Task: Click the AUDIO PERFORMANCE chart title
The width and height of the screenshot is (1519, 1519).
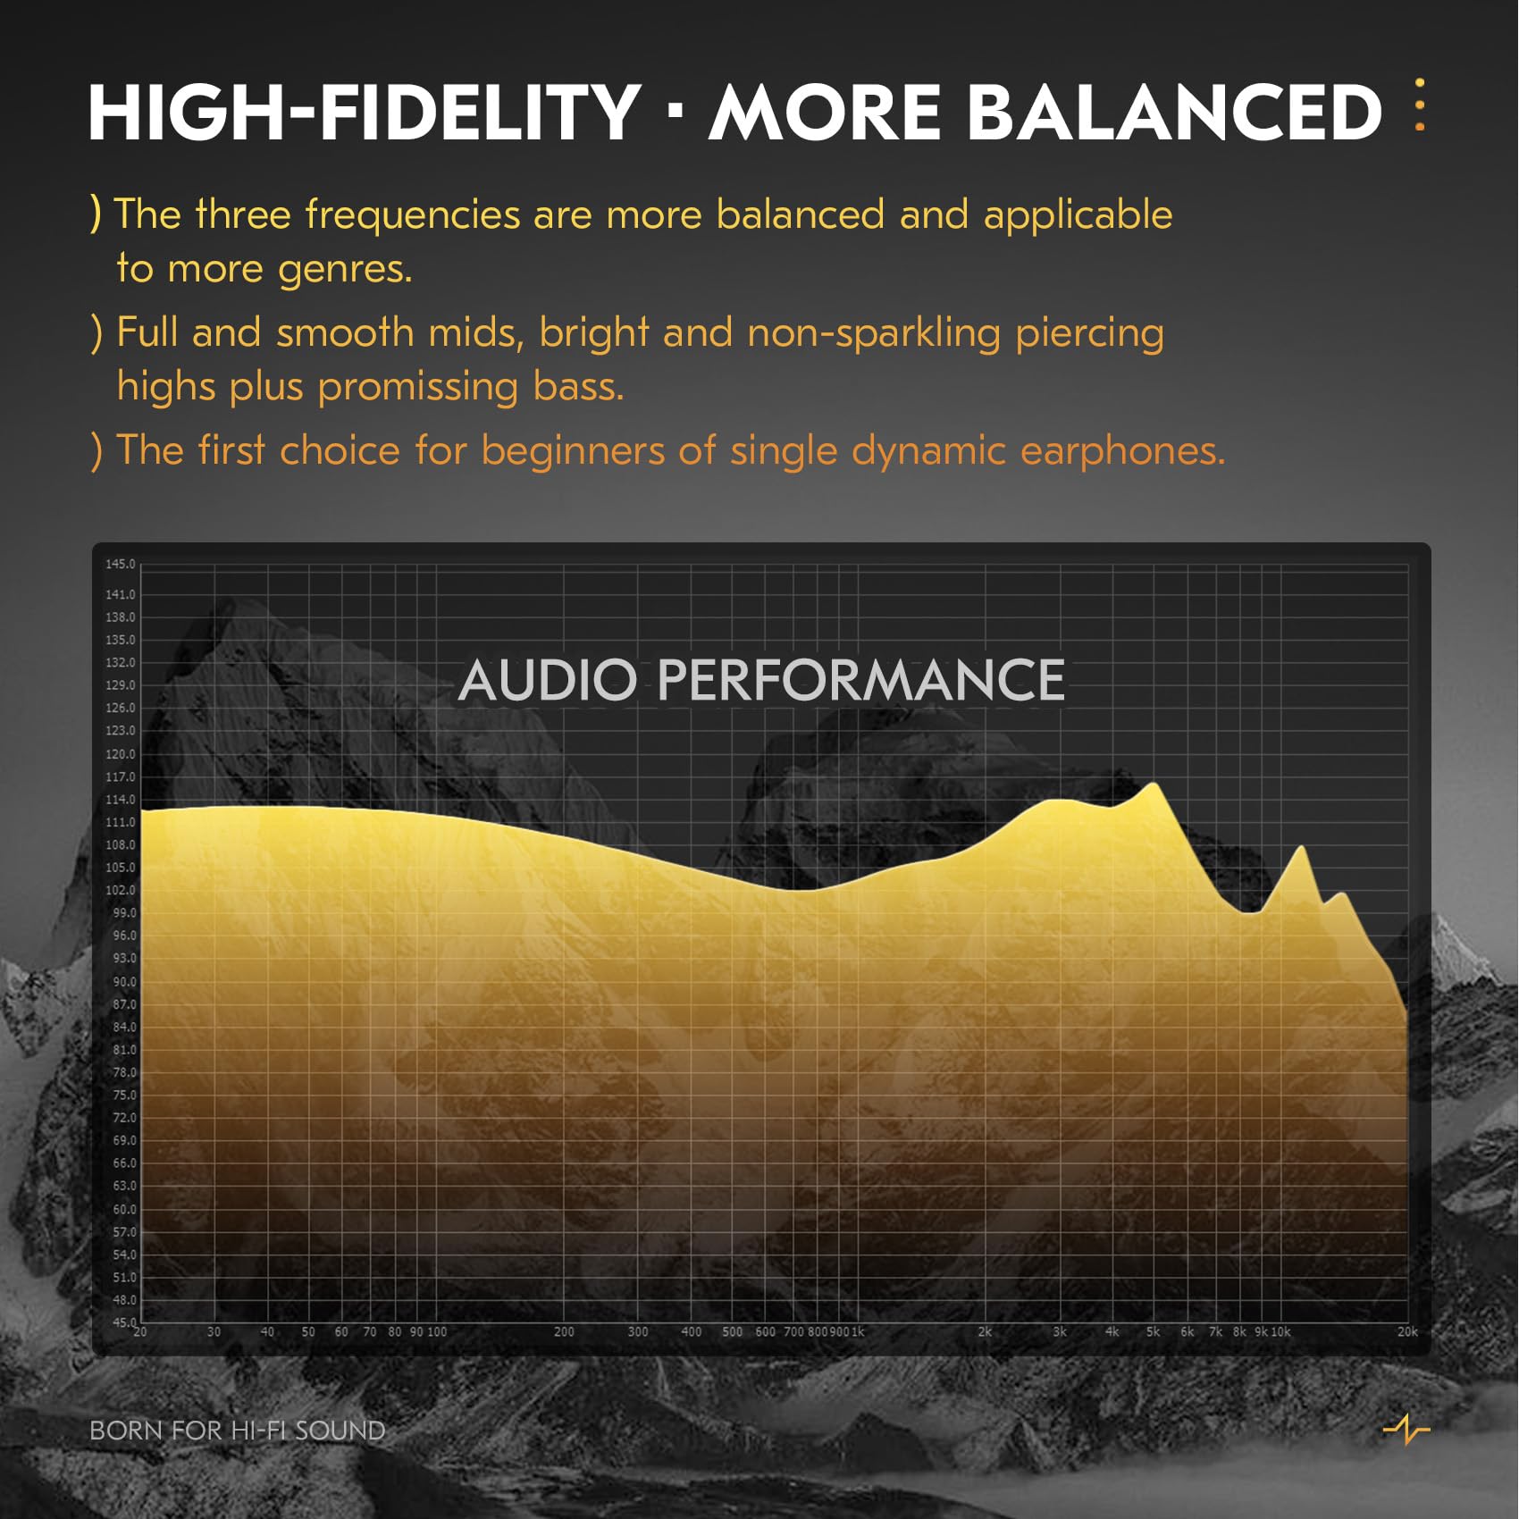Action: tap(761, 680)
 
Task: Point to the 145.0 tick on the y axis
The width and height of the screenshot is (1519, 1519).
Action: tap(121, 564)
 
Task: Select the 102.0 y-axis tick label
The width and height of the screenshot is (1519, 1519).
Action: tap(121, 890)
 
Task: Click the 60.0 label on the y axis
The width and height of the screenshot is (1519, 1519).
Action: tap(124, 1209)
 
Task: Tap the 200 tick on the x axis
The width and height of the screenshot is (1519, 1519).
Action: tap(564, 1331)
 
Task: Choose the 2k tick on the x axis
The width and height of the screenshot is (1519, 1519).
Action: tap(985, 1331)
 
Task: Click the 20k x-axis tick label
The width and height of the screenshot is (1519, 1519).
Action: tap(1407, 1331)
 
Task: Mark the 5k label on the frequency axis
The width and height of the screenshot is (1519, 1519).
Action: tap(1153, 1331)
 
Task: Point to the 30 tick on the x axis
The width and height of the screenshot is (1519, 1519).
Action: tap(214, 1331)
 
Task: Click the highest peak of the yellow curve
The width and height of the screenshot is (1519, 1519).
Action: tap(1154, 785)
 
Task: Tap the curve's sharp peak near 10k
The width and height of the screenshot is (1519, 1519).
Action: tap(1302, 847)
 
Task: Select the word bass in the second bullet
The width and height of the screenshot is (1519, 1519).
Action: tap(577, 387)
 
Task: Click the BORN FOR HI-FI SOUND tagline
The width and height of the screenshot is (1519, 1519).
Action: tap(238, 1431)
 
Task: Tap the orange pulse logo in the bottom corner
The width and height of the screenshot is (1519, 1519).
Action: tap(1406, 1429)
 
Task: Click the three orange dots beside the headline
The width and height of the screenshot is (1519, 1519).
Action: tap(1420, 105)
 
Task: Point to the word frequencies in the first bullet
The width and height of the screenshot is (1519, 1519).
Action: tap(413, 214)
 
